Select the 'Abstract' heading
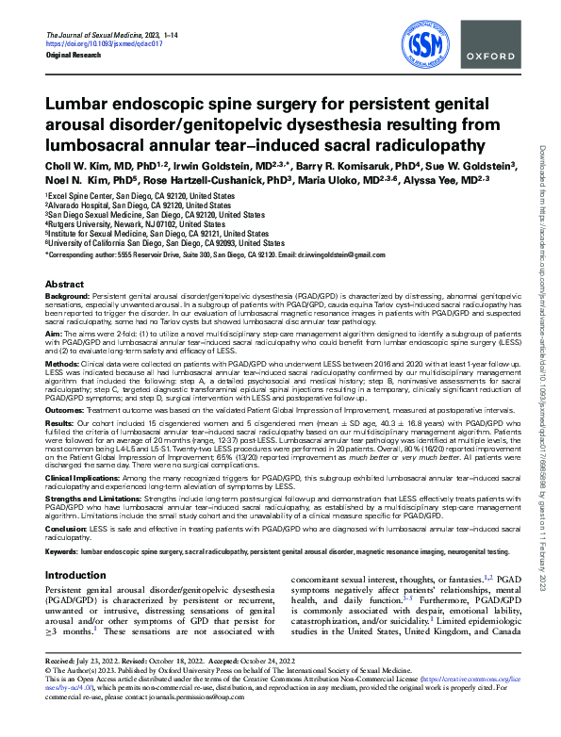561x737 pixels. [x=64, y=284]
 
